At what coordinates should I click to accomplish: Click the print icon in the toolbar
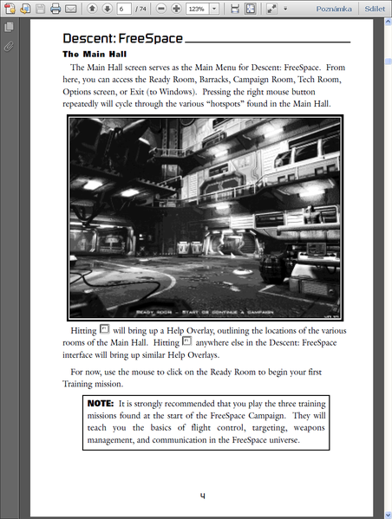coord(55,9)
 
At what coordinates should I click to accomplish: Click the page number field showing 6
coord(125,9)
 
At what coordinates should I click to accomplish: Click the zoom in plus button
coord(176,9)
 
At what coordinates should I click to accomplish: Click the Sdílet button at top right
coord(376,9)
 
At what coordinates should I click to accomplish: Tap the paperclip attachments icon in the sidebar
coord(9,45)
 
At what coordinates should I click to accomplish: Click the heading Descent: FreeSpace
coord(121,40)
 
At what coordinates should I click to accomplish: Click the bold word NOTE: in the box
coord(102,404)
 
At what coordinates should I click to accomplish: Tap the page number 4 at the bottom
coord(202,496)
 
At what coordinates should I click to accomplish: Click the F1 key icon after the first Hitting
coord(105,331)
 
